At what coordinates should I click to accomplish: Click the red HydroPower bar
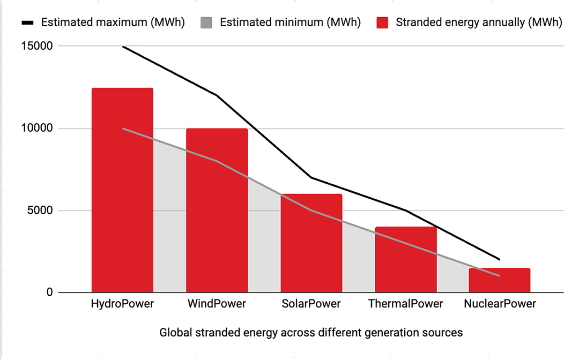(122, 190)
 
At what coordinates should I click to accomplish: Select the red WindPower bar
(217, 211)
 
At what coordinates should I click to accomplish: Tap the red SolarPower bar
(311, 243)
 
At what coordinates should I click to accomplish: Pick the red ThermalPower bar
(406, 260)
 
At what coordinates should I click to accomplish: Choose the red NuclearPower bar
(500, 280)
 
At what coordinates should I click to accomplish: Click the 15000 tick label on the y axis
(38, 46)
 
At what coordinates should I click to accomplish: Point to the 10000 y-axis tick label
(38, 129)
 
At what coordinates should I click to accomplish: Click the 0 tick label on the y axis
(49, 292)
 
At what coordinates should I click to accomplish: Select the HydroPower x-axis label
(122, 304)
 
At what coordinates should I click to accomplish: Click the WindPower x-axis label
(217, 304)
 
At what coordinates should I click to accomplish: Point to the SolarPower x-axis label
(311, 304)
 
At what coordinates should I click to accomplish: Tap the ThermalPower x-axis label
(406, 304)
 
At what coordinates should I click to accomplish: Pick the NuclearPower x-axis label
(500, 304)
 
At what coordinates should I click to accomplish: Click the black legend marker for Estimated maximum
(28, 23)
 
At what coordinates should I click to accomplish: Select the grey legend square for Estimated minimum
(207, 23)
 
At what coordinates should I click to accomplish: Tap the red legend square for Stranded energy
(382, 23)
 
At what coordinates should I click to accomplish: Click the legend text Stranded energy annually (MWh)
(479, 23)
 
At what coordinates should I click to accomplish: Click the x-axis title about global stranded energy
(311, 333)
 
